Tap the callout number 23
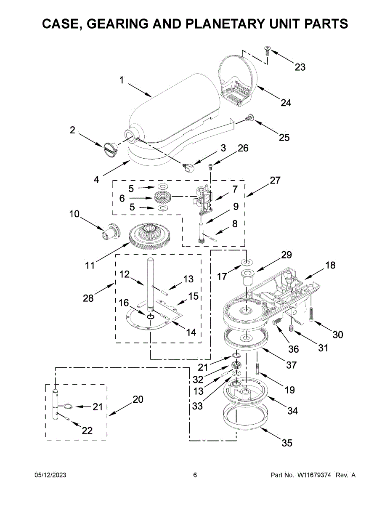300,67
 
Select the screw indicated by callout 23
267,50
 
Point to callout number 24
286,103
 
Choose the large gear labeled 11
149,236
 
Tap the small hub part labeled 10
112,231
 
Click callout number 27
275,180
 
